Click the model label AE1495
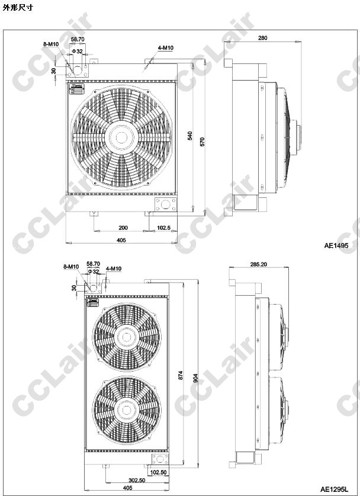[336, 245]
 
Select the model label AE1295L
[334, 489]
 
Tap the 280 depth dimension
[262, 38]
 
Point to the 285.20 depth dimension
[259, 264]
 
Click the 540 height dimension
[190, 136]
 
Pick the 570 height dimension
[202, 142]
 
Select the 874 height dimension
[181, 375]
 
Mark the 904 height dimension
[195, 378]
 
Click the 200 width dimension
[123, 228]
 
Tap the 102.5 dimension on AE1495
[164, 228]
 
